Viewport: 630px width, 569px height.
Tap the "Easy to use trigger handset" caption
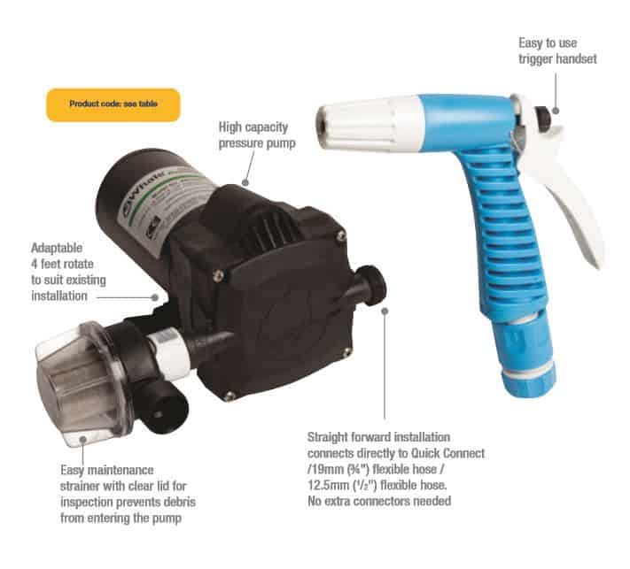click(556, 50)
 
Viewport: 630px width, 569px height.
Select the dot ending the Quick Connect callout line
click(385, 310)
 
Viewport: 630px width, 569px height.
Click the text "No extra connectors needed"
click(378, 501)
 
